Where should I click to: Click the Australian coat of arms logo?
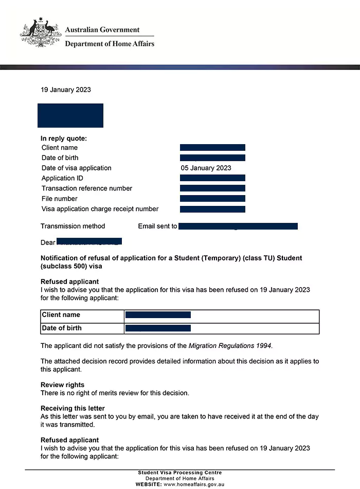coord(41,33)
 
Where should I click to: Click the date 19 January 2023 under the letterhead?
coord(66,90)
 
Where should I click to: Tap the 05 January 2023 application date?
coord(206,168)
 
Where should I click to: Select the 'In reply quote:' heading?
coord(64,138)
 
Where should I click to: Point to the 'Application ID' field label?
coord(62,178)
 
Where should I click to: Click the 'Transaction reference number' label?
coord(87,188)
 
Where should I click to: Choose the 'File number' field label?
coord(60,199)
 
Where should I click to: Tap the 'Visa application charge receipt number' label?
coord(100,209)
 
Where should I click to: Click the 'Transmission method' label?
coord(73,226)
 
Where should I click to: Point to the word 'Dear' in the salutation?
coord(48,242)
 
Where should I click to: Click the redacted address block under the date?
coord(70,115)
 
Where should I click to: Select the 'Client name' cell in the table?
coord(61,315)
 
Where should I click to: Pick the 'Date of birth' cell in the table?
coord(62,328)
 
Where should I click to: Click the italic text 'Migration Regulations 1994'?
coord(229,346)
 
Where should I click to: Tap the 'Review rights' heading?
coord(62,385)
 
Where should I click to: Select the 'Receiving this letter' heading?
coord(73,408)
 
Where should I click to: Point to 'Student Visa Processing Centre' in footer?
coord(180,473)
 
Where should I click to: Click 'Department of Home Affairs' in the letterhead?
coord(110,44)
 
